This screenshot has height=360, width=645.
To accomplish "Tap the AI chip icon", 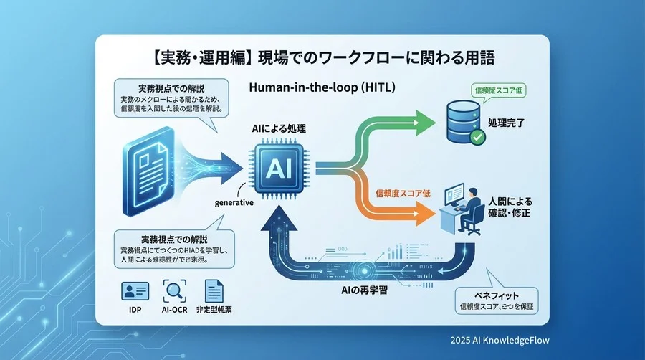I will pyautogui.click(x=277, y=168).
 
